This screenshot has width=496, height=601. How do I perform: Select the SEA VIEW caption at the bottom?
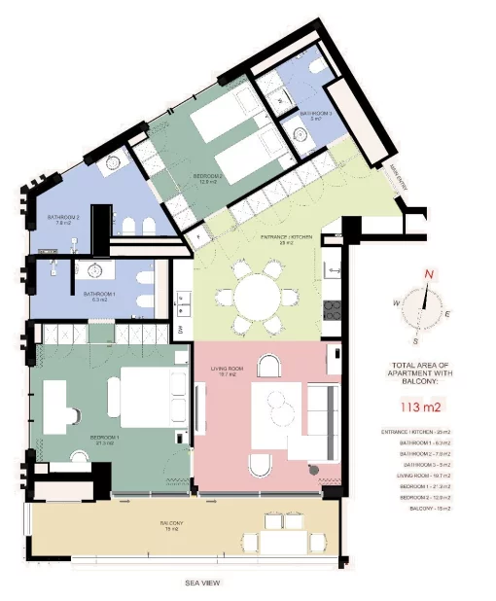click(205, 583)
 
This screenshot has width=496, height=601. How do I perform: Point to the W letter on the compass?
click(397, 303)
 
